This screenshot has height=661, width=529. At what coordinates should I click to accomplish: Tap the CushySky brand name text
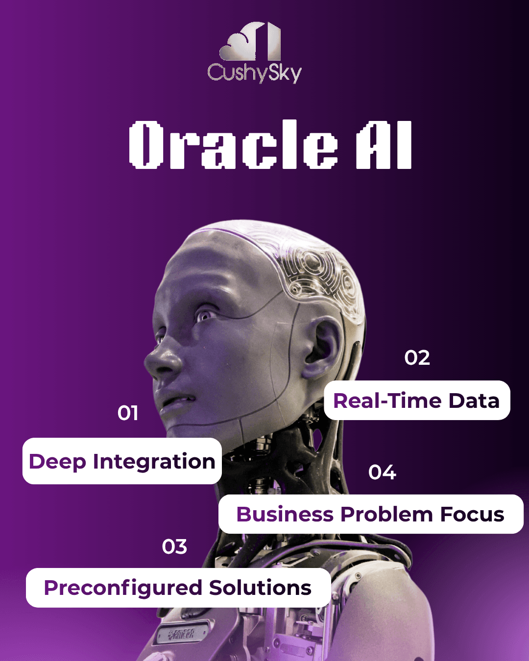[255, 73]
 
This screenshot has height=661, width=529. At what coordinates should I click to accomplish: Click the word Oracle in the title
[233, 144]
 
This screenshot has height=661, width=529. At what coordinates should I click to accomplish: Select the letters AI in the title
[384, 144]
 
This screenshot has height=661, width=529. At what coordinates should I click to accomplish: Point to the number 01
[127, 413]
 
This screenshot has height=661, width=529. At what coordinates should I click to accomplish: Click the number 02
[417, 358]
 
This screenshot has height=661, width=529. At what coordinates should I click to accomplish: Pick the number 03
[174, 547]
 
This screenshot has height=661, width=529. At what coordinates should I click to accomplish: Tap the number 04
[382, 472]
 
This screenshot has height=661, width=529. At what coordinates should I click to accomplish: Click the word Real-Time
[387, 401]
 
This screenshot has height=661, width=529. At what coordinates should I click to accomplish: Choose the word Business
[285, 514]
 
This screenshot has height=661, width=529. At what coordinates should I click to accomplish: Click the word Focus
[472, 514]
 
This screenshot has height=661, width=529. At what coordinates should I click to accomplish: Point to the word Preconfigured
[123, 588]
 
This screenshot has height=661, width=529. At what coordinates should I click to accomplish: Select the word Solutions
[260, 588]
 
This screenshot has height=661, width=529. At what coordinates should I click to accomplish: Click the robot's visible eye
[204, 315]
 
